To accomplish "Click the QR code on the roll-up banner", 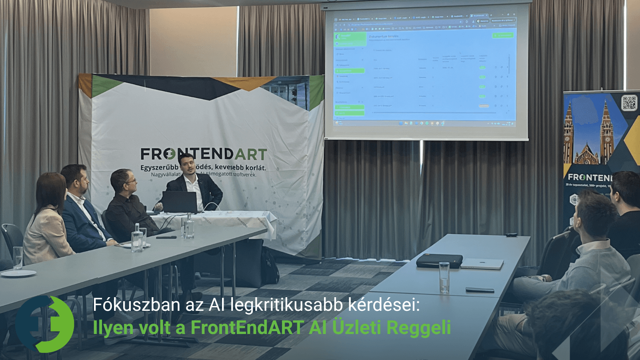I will point(629,103).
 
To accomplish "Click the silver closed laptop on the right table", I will point(482,264).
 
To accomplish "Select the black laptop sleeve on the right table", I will point(439,261).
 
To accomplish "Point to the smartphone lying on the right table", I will point(480,290).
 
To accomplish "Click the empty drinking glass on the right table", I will point(444,277).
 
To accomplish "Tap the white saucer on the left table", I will point(18,274).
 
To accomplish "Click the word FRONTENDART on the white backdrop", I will point(204,154).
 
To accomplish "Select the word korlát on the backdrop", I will point(256,168).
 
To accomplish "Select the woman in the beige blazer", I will point(46,224).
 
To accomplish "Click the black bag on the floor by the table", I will point(270,266).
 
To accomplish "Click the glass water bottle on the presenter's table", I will point(189,226).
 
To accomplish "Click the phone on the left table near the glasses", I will point(166,237).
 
